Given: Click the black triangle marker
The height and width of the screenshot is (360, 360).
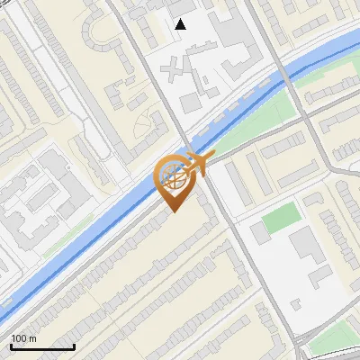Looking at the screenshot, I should point(181,24).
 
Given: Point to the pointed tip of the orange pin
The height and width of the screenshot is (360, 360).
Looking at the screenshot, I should point(172,211).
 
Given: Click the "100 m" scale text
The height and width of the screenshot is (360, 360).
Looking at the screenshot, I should point(23,338).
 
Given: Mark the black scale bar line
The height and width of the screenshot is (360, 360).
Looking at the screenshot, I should point(42,346).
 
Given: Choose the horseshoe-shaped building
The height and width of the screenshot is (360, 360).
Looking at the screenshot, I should point(94,31).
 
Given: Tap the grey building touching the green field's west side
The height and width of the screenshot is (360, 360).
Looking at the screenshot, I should point(260,233).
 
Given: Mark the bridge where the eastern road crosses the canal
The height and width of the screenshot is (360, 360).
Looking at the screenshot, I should point(288,76).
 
